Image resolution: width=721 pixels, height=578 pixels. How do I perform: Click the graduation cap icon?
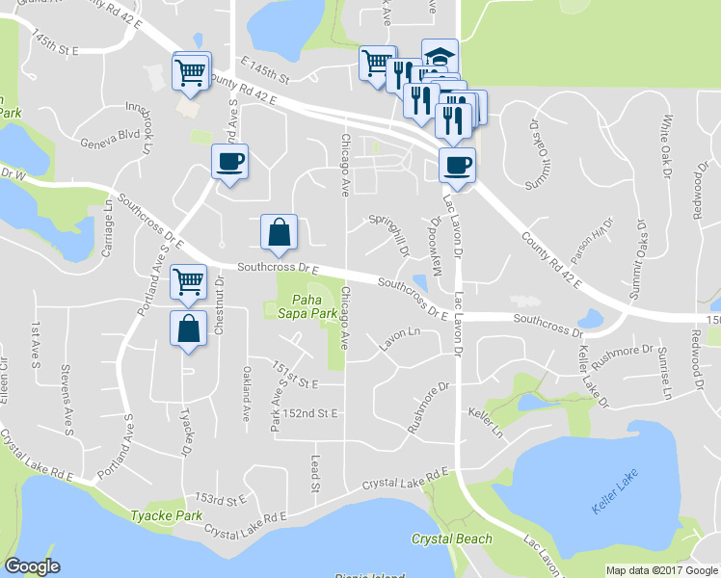[440, 57]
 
